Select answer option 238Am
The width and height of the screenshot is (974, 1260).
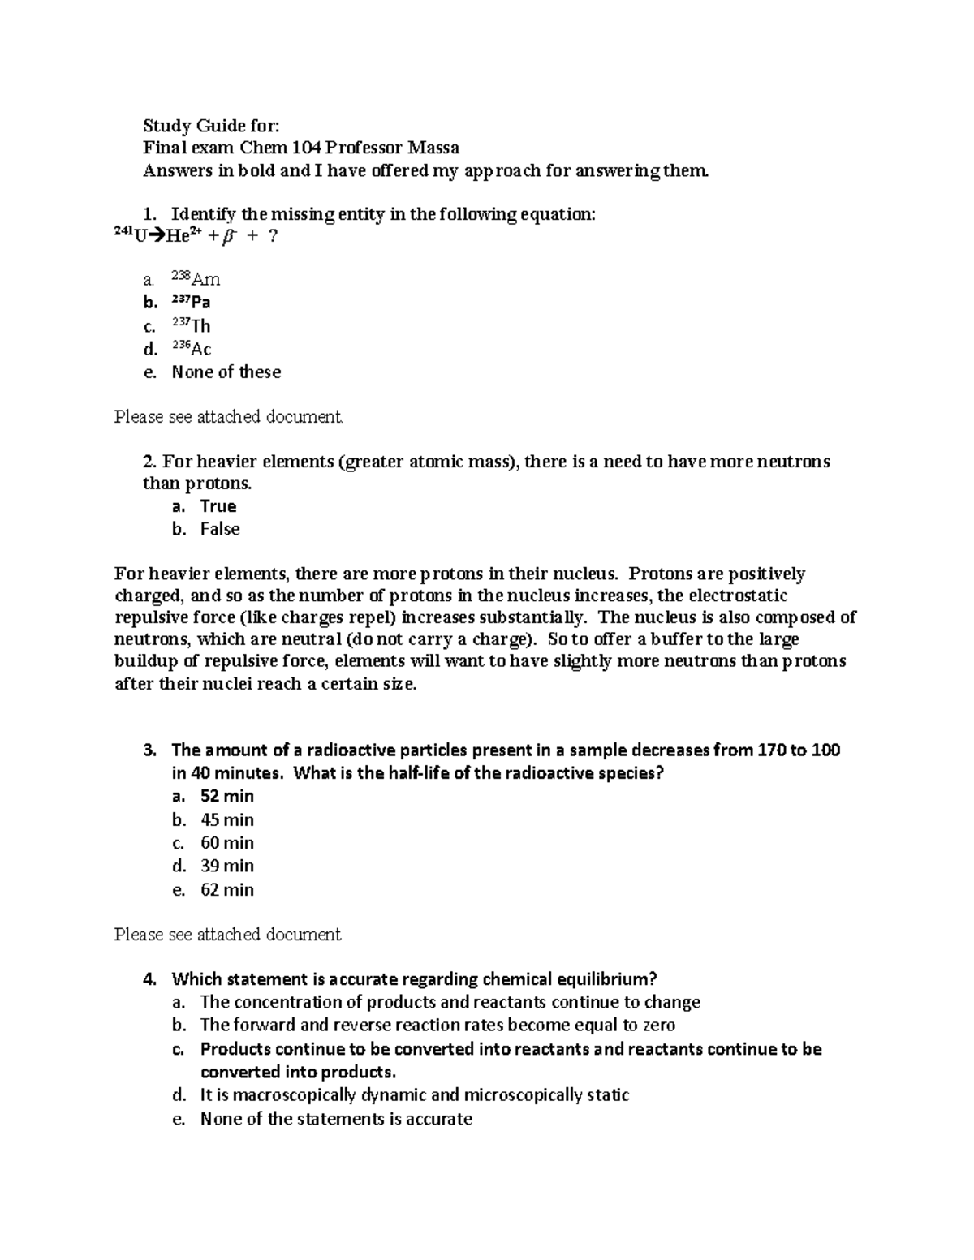click(x=196, y=279)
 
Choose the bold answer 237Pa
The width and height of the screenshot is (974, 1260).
click(x=191, y=302)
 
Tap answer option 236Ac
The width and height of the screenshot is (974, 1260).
click(x=192, y=349)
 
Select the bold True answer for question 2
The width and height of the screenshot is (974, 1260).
click(x=218, y=506)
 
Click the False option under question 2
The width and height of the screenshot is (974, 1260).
click(x=220, y=529)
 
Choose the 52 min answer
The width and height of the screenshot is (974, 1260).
click(x=227, y=796)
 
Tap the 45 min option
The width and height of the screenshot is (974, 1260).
click(x=227, y=819)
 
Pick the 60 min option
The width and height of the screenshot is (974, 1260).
click(x=227, y=843)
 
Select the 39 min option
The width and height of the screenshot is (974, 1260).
click(x=227, y=866)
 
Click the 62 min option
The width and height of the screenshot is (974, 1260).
click(x=227, y=890)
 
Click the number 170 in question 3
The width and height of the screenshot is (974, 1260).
click(x=770, y=750)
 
